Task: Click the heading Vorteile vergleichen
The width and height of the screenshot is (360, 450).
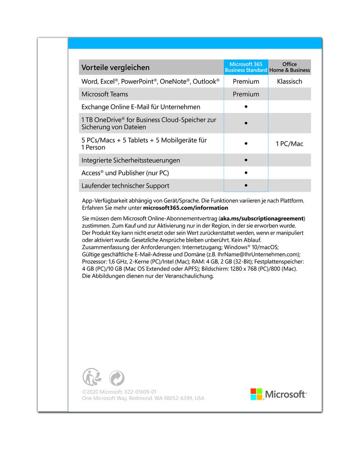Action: [115, 67]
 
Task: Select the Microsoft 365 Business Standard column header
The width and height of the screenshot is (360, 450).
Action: [246, 67]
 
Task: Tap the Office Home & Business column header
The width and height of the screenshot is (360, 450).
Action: [290, 67]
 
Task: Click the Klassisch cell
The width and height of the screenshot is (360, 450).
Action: [290, 81]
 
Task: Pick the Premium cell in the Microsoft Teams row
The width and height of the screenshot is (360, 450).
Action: [246, 94]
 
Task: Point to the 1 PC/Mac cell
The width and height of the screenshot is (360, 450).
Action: [289, 144]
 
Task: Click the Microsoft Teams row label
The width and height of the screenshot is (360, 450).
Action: [104, 94]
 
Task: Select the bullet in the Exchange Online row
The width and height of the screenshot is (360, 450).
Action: [246, 107]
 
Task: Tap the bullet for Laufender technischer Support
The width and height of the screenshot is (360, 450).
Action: [246, 185]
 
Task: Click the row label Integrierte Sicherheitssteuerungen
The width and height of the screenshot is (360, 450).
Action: [130, 160]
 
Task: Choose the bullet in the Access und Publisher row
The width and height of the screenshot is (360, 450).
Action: [246, 173]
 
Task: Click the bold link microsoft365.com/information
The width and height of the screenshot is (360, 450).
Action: [185, 208]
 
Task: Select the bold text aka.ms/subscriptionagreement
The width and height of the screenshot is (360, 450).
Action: [261, 218]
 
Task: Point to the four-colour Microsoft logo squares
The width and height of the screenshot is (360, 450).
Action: [256, 394]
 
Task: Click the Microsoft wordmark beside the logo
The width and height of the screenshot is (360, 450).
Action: [285, 395]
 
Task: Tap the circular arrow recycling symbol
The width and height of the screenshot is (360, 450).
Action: [117, 378]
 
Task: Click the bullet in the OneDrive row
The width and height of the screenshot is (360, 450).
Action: [246, 123]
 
